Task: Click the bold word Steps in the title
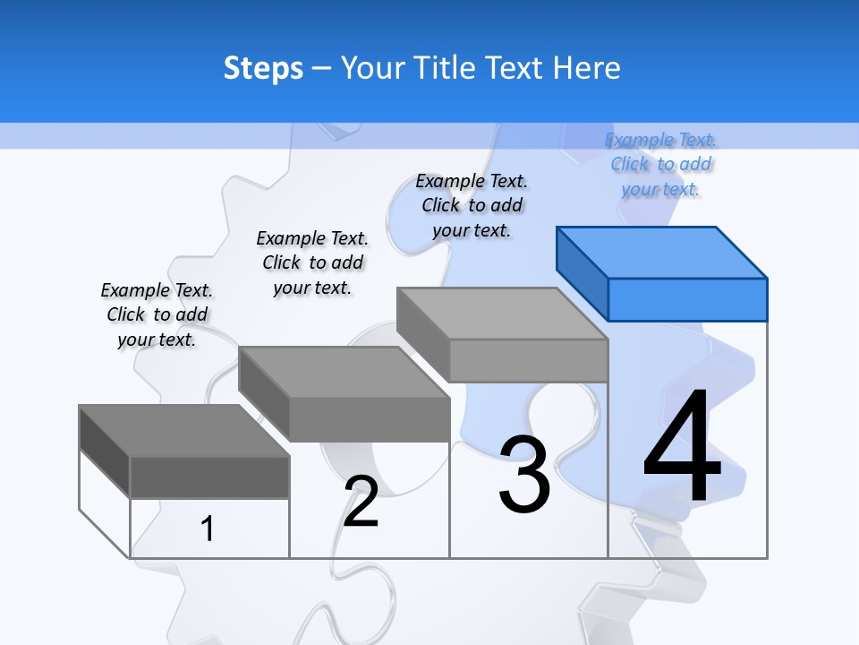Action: [263, 68]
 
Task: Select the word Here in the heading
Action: [586, 68]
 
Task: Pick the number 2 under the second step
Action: [361, 501]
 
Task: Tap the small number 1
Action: [208, 529]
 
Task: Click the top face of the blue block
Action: [662, 252]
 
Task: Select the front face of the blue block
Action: [687, 299]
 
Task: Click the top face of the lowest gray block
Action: [184, 430]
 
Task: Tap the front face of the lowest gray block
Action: [209, 477]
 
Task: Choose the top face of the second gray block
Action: [344, 372]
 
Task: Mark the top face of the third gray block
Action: [502, 314]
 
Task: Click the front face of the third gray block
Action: [528, 361]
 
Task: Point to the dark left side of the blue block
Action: [582, 273]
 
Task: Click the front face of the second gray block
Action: [369, 419]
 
